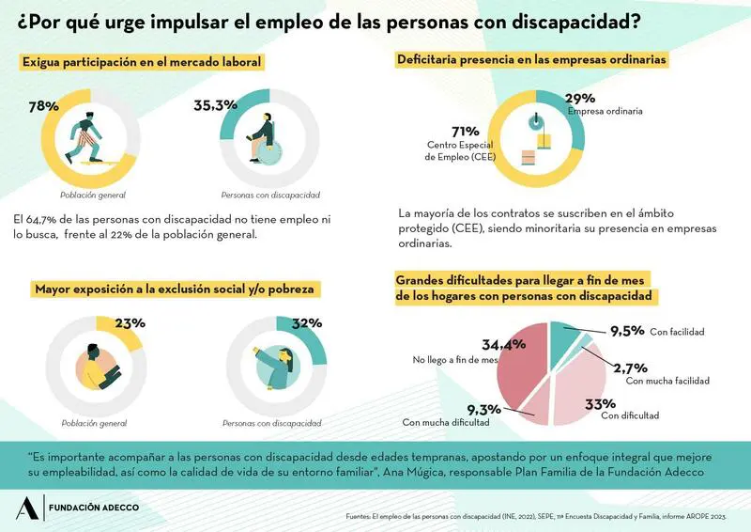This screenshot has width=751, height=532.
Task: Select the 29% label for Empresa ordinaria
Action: pos(579,98)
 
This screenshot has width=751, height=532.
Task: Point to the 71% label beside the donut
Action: pos(466,131)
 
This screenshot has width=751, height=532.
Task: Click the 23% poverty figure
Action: pos(129,323)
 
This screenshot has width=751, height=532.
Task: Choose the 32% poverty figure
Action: pos(307,323)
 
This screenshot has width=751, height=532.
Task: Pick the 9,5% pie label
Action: pos(626,331)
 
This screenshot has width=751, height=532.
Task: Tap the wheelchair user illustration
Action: pos(265,138)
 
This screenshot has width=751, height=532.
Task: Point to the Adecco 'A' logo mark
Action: pos(24,509)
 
